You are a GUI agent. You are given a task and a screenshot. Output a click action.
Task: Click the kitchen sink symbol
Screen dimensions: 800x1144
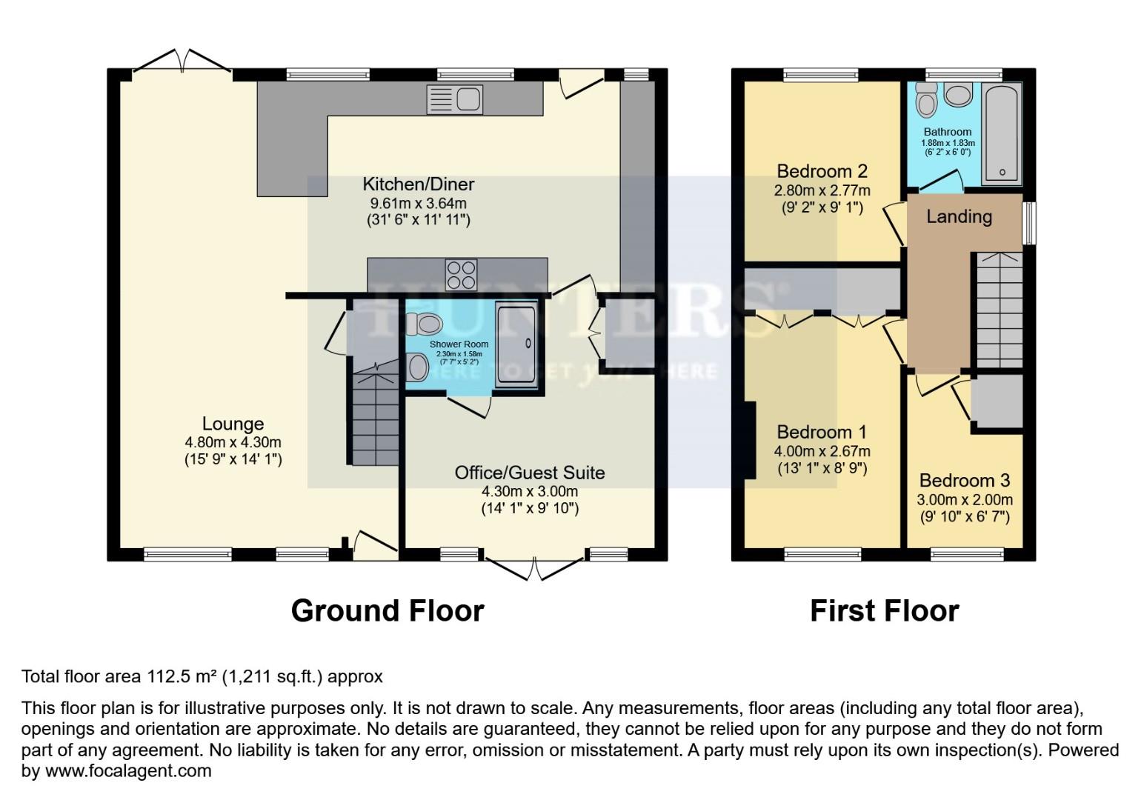pos(454,100)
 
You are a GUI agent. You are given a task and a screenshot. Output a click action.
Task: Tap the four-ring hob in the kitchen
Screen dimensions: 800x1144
pos(460,275)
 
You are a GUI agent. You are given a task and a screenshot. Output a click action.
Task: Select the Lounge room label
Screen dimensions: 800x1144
pos(233,424)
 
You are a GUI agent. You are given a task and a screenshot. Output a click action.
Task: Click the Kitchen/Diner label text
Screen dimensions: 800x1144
pos(418,184)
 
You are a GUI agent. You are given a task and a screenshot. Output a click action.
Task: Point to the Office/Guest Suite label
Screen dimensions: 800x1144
pos(529,473)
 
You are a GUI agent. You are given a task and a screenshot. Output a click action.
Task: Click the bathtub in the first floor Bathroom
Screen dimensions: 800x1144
pos(1001,133)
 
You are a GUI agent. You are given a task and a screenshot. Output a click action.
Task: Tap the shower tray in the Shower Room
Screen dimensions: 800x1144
pos(516,344)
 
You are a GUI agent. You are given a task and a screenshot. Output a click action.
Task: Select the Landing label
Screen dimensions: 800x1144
pos(959,216)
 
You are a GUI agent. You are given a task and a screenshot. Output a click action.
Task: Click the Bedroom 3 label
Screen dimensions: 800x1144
pos(965,481)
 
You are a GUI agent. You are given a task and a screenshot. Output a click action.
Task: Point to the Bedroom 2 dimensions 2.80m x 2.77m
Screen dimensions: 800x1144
pos(822,190)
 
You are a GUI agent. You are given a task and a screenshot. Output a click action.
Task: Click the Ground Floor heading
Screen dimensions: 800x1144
pos(388,611)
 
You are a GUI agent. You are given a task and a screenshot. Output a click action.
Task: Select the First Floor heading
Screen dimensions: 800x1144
pos(884,611)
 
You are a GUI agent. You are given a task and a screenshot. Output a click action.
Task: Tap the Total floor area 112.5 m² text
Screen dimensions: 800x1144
pos(202,676)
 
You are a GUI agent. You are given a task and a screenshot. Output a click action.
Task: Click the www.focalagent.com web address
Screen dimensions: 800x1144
pos(128,771)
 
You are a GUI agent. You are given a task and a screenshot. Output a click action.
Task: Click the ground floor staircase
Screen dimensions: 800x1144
pos(374,419)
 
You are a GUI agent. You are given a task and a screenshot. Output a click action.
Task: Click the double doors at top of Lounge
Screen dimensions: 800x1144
pos(182,63)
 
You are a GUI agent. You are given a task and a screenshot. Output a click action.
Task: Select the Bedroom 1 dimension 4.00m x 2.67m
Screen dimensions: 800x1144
pos(822,451)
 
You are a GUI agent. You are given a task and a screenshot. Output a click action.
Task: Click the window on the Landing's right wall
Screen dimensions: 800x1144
pos(1028,223)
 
